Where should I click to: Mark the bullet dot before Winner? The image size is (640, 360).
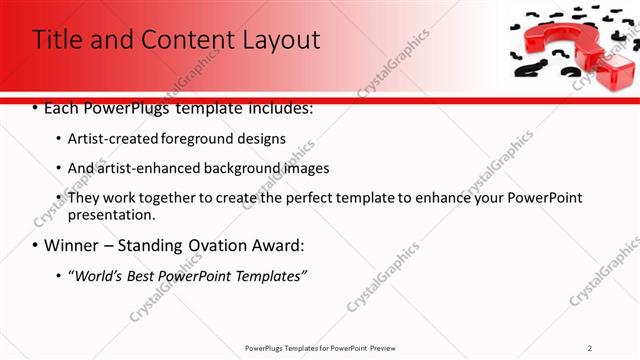pos(36,246)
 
